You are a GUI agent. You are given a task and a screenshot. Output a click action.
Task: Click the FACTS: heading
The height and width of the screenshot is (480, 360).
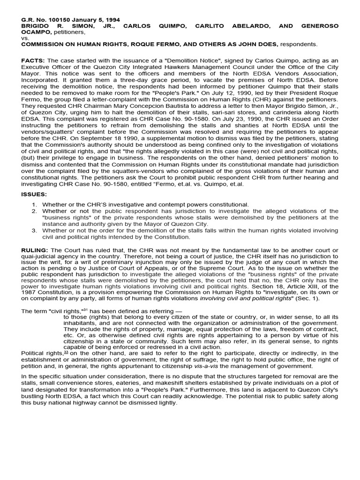point(33,61)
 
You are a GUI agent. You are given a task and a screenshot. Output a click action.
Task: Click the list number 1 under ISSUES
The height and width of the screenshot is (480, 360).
point(34,205)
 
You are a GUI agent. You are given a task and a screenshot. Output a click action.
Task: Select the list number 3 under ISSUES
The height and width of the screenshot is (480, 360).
point(34,231)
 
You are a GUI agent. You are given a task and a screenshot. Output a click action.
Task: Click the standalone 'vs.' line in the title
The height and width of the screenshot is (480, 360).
point(26,38)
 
